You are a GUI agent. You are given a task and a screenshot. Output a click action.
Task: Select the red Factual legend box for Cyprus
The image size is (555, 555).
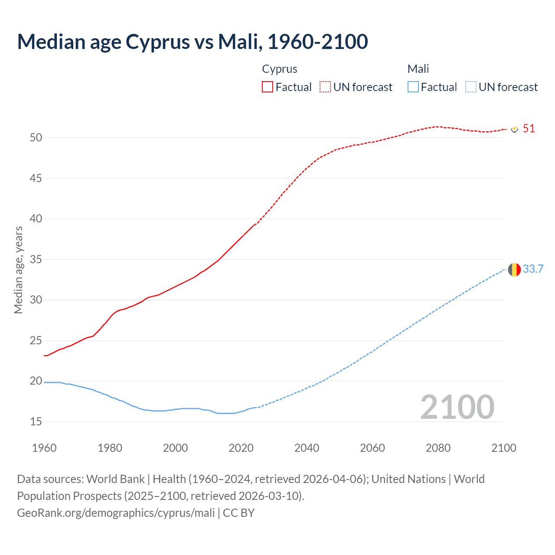[268, 87]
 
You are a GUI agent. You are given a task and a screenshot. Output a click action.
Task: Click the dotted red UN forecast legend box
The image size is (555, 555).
[325, 87]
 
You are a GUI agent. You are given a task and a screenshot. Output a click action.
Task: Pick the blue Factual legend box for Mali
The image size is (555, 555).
[413, 87]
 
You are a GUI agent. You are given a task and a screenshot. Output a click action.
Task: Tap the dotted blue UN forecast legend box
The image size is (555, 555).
[471, 87]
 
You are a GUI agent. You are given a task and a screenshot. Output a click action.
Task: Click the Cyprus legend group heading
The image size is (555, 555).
[280, 69]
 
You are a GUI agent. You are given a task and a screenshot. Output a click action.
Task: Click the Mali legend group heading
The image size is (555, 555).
[418, 69]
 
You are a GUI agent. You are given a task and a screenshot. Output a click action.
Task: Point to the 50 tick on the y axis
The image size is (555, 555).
[36, 138]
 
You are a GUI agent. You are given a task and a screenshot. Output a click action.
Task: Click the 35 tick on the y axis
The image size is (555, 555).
[36, 260]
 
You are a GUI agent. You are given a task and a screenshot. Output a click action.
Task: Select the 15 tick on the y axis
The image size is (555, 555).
[36, 422]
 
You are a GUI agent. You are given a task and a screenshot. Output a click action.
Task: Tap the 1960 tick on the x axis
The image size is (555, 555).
[44, 448]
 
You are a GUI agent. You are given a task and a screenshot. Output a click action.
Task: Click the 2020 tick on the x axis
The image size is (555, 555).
[241, 448]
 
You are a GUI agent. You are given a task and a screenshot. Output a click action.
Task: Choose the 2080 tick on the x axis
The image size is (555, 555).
[438, 448]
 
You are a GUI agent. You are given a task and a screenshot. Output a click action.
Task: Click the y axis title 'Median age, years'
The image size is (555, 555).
[18, 270]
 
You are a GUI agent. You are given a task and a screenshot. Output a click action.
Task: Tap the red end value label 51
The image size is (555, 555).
[529, 129]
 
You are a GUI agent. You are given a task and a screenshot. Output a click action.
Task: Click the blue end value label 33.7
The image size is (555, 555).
[533, 269]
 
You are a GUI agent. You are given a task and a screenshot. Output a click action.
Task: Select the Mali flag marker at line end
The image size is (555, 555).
[514, 270]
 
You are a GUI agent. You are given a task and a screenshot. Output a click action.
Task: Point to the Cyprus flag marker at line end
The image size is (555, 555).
[515, 129]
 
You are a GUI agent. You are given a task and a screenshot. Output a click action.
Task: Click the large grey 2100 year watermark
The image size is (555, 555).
[457, 407]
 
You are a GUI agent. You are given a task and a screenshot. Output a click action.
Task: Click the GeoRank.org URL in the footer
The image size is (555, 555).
[116, 513]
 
